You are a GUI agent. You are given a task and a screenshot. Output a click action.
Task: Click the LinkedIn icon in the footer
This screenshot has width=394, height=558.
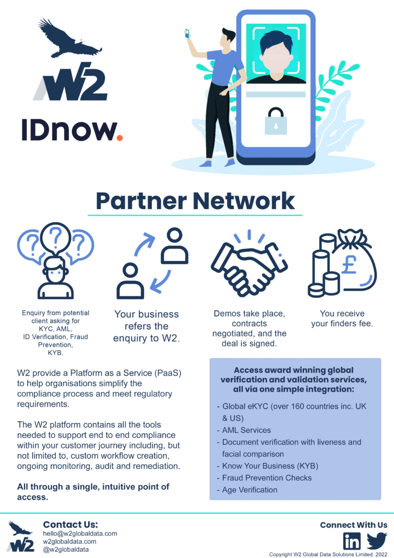coord(351,541)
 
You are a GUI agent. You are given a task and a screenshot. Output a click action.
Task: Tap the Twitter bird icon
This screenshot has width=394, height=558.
coord(377,541)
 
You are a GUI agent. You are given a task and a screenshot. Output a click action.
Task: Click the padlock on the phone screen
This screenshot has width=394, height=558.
coord(275,121)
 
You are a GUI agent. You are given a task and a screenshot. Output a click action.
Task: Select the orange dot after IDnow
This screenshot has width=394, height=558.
coord(120,138)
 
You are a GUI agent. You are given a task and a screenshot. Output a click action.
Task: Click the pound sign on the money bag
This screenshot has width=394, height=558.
coord(349,265)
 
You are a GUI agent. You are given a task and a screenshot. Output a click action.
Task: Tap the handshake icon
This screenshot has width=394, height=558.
coord(249,263)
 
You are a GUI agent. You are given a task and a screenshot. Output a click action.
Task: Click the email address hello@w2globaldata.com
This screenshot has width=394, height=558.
coord(80,533)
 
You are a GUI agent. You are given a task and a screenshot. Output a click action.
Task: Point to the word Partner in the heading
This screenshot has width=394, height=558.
coord(141,201)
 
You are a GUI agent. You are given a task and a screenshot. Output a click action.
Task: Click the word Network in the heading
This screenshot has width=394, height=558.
coord(244,201)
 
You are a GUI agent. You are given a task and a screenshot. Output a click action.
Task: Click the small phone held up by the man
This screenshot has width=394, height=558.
coord(187,34)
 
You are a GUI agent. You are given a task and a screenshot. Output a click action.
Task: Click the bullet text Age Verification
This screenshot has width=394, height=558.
coord(250,490)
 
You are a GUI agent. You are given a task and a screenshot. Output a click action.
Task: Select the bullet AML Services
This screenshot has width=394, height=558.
coord(247,430)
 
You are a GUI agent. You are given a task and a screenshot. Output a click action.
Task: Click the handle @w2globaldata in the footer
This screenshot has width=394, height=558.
coord(66,549)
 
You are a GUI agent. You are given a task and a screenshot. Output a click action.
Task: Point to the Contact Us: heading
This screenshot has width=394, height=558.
coord(70,525)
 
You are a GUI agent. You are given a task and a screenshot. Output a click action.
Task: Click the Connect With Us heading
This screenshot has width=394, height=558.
coord(353,525)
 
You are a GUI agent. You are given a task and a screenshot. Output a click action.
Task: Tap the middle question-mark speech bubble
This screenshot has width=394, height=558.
coord(55,237)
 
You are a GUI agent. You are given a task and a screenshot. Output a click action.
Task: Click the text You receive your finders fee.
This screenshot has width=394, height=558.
coord(342,319)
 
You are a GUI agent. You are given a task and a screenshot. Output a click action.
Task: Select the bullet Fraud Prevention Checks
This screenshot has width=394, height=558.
coord(267,478)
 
